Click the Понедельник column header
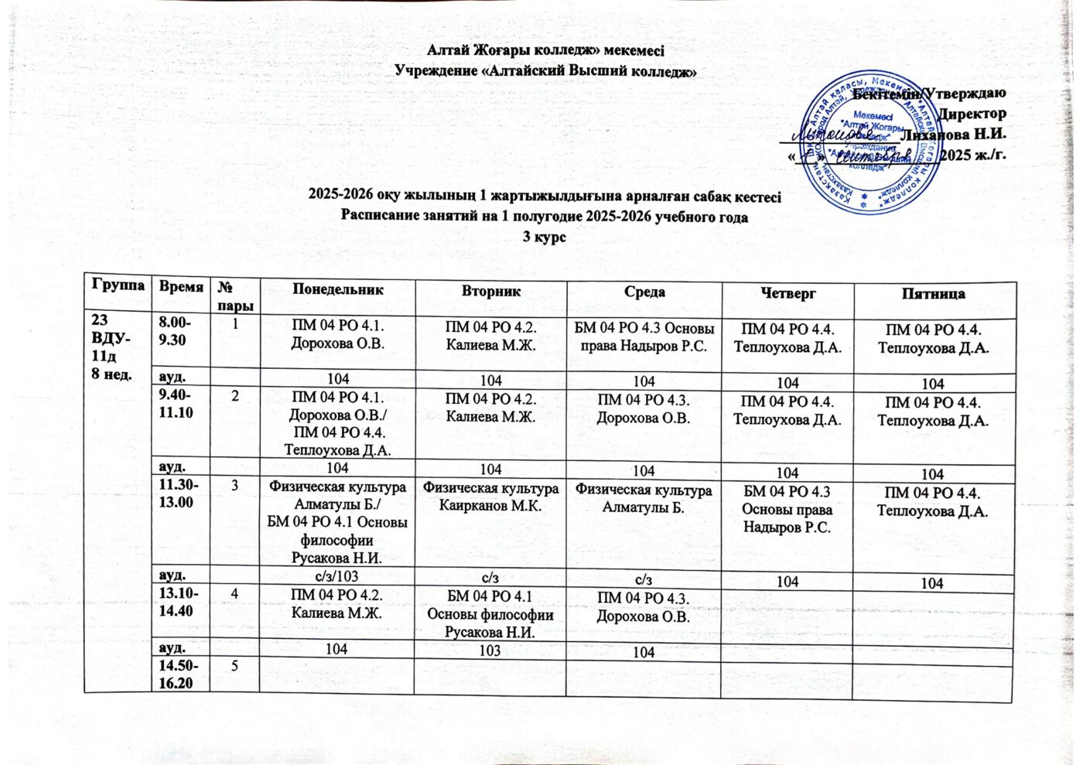pos(337,291)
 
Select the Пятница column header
pos(933,294)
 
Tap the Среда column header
pos(644,292)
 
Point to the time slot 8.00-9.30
pos(176,330)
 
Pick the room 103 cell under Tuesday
pos(490,651)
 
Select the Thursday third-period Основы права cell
pos(787,510)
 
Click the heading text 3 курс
pos(545,237)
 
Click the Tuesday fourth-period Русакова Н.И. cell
pos(490,616)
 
